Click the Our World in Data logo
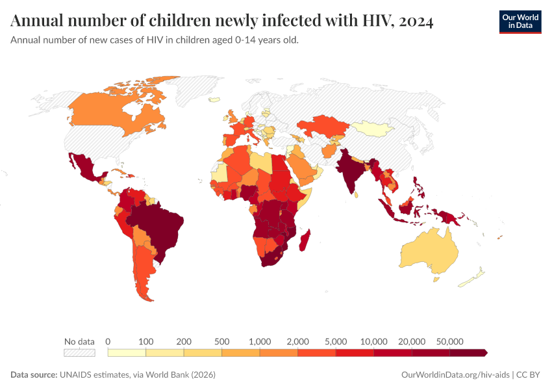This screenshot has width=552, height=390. coord(520,21)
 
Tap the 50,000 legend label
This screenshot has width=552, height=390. coord(449,341)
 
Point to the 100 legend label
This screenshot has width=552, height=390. coord(146,341)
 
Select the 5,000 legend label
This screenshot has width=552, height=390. coord(336,341)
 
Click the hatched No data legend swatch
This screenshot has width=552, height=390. coord(79,353)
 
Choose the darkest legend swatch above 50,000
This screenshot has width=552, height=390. coord(468,353)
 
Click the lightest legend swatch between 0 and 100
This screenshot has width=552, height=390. coord(127,353)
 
